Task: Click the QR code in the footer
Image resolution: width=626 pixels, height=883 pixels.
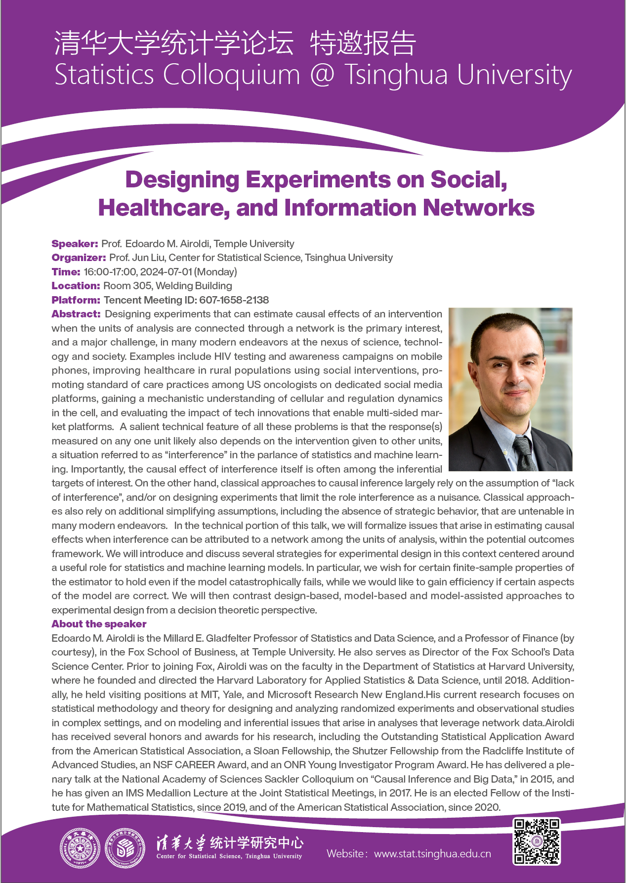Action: click(537, 841)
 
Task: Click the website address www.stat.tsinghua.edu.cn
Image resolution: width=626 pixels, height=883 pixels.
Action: click(432, 854)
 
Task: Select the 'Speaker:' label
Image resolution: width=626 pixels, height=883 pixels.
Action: click(75, 244)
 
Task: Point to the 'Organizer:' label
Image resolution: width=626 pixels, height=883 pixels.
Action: click(79, 258)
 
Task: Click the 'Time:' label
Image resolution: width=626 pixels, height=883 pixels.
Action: click(66, 272)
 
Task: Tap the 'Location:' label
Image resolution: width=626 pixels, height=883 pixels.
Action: click(76, 286)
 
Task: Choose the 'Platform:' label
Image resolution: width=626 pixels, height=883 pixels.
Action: click(76, 300)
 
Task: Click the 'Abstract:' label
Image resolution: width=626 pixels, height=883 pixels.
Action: click(76, 314)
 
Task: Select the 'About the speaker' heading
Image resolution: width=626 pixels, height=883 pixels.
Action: click(99, 624)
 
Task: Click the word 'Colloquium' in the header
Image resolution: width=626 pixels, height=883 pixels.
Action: click(231, 75)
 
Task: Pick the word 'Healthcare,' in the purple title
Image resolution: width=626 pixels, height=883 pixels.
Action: click(164, 208)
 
